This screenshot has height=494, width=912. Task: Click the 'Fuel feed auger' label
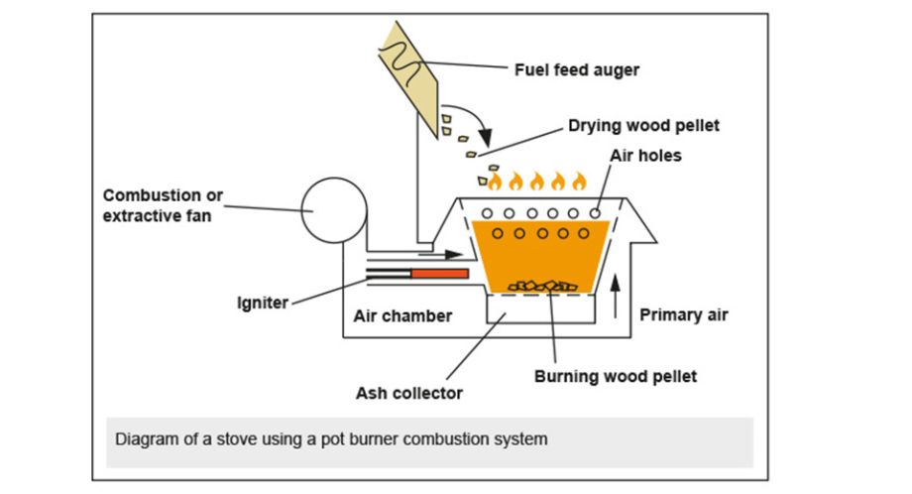click(577, 69)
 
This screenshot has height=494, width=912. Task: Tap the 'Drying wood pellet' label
click(643, 126)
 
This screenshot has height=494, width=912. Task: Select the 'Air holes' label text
click(645, 156)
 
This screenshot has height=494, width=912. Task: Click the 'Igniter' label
click(262, 303)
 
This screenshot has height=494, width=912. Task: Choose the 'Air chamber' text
click(402, 316)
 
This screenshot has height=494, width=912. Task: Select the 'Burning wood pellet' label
click(615, 376)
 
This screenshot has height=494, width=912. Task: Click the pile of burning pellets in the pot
click(543, 286)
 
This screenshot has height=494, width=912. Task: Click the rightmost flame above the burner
click(579, 181)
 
